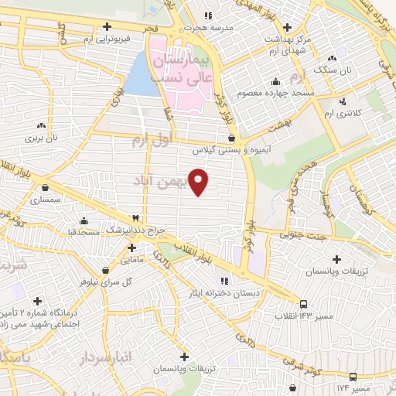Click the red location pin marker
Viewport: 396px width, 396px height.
(x=199, y=181)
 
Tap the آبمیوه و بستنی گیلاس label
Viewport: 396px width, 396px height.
(x=230, y=148)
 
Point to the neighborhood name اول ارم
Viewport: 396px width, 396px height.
(x=150, y=142)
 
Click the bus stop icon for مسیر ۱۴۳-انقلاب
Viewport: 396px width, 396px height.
(x=303, y=303)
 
